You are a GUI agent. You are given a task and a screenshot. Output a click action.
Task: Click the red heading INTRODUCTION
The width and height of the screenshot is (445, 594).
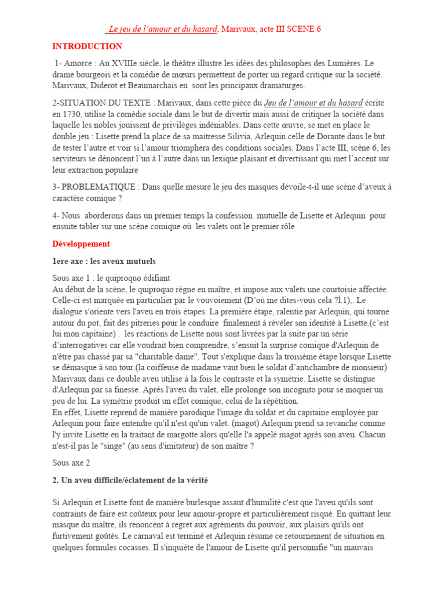point(87,46)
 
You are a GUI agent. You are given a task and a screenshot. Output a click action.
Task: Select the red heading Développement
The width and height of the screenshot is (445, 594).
point(81,244)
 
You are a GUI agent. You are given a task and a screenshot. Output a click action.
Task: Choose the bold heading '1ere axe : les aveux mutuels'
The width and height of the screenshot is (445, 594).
point(104,261)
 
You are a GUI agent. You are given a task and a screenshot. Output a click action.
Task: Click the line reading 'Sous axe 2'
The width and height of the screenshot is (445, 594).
point(71,463)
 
